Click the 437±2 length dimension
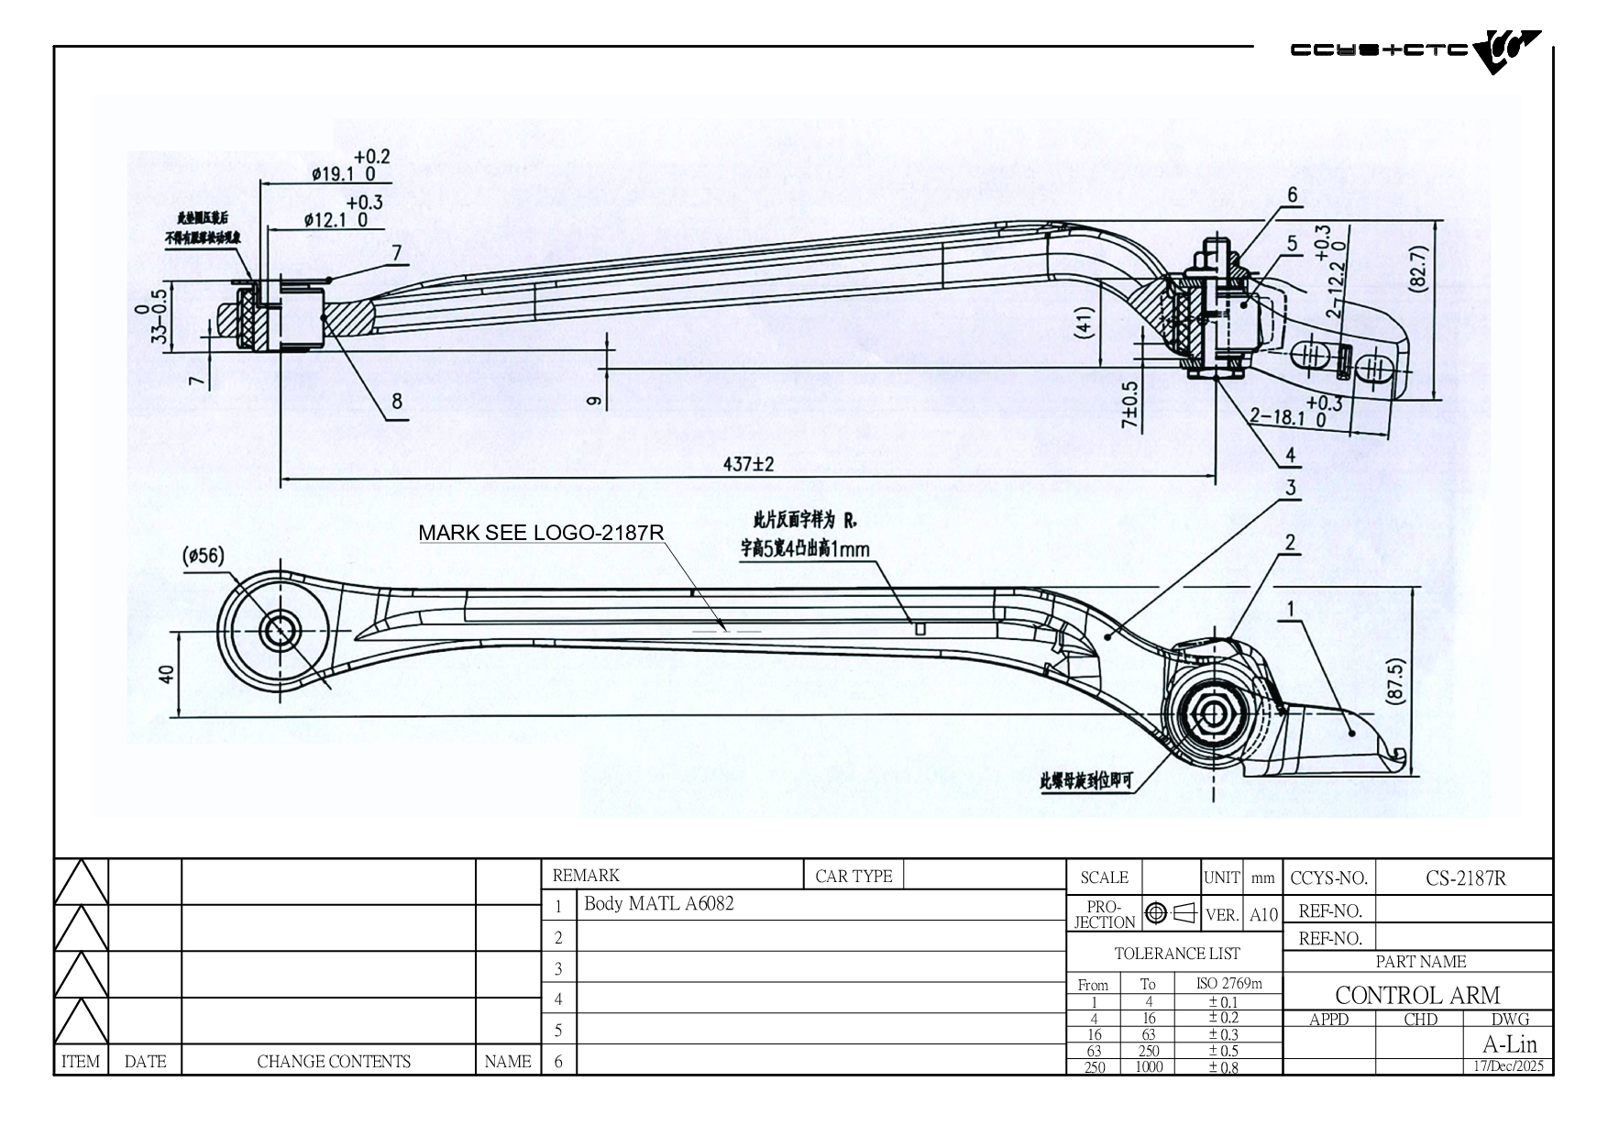tap(748, 465)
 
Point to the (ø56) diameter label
tap(203, 556)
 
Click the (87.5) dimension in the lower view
tap(1395, 681)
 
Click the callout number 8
tap(396, 401)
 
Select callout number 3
tap(1290, 488)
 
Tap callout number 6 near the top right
tap(1293, 194)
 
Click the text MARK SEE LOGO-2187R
tap(541, 533)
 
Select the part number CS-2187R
tap(1465, 878)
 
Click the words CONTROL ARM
tap(1417, 995)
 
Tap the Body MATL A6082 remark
tap(658, 904)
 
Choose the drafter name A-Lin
tap(1509, 1043)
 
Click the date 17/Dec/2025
tap(1508, 1066)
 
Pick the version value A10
tap(1263, 914)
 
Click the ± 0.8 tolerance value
tap(1223, 1066)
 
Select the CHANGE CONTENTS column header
tap(334, 1062)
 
